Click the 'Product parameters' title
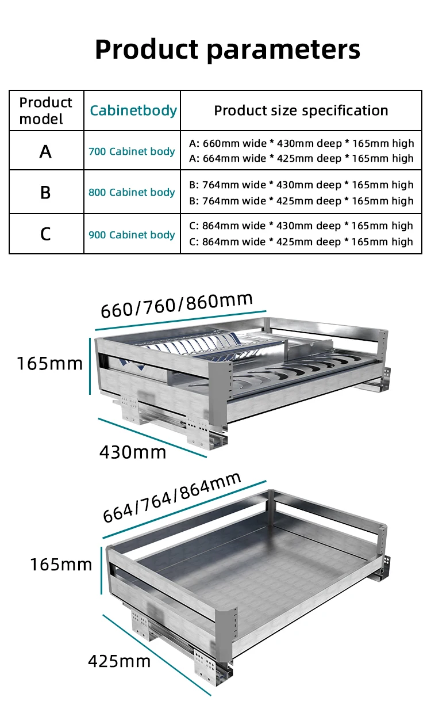point(228,49)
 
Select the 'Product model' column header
point(45,110)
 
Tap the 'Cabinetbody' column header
point(133,110)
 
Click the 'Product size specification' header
point(301,110)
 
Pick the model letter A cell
point(45,151)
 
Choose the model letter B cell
point(45,192)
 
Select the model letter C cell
point(45,234)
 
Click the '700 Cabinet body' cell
point(132,151)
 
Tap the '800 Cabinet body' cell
point(132,192)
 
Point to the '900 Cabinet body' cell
point(132,235)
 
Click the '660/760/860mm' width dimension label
point(176,305)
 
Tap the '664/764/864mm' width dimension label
point(172,498)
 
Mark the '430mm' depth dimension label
point(133,452)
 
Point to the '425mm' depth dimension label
point(119,661)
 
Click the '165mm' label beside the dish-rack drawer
point(49,364)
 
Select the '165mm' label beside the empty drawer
point(61,565)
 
